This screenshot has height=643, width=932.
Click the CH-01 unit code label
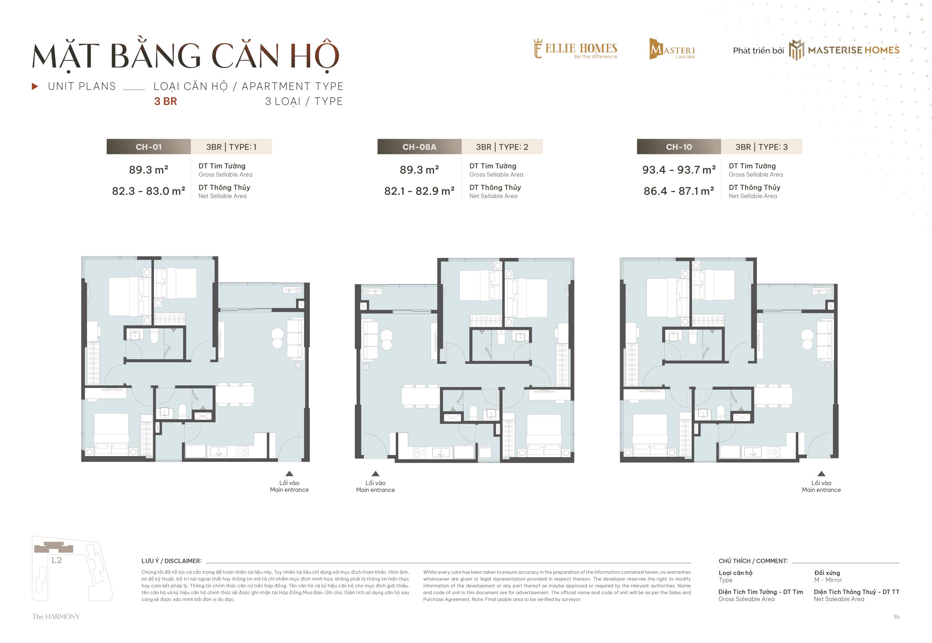pyautogui.click(x=149, y=147)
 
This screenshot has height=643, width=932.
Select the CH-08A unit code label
pyautogui.click(x=419, y=147)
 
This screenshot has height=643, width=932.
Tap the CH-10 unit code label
pyautogui.click(x=679, y=147)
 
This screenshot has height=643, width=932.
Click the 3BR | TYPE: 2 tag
pyautogui.click(x=502, y=147)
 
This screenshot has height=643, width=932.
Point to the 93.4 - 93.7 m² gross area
pyautogui.click(x=679, y=170)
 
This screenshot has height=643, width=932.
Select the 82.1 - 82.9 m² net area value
pyautogui.click(x=419, y=191)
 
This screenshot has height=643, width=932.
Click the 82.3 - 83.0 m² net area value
pyautogui.click(x=149, y=191)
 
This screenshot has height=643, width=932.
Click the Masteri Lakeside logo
pyautogui.click(x=672, y=49)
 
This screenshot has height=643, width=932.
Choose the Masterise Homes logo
pyautogui.click(x=844, y=50)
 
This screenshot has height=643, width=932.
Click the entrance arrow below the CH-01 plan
pyautogui.click(x=289, y=473)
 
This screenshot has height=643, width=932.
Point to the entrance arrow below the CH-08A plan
pyautogui.click(x=375, y=473)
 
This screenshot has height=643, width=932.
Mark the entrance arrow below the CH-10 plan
pyautogui.click(x=821, y=473)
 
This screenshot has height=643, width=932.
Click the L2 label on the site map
pyautogui.click(x=56, y=560)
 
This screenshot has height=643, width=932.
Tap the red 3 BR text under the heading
pyautogui.click(x=165, y=102)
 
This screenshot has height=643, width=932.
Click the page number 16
pyautogui.click(x=896, y=617)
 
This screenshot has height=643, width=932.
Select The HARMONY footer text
pyautogui.click(x=56, y=616)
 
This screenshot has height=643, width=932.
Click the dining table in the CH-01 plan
pyautogui.click(x=235, y=395)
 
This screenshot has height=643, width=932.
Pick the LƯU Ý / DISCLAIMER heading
pyautogui.click(x=171, y=561)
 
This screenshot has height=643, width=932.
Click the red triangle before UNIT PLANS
pyautogui.click(x=35, y=86)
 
